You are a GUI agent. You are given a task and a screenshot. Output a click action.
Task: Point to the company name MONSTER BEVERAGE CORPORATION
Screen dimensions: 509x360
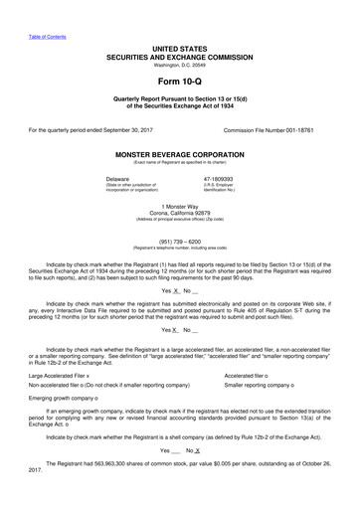179,155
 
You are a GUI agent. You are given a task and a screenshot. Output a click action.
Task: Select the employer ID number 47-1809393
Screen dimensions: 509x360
245,178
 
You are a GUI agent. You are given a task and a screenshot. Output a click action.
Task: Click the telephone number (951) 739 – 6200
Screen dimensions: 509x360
179,239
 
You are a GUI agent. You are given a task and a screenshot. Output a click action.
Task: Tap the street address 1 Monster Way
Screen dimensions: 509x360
179,204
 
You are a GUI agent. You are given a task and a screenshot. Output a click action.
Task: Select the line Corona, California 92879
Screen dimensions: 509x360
179,211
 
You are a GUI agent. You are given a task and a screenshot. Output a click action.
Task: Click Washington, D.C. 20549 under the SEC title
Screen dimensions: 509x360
179,65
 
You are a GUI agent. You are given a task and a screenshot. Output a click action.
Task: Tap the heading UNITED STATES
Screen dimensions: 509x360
179,48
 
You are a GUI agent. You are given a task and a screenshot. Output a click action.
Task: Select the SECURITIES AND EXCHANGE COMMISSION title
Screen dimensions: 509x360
179,57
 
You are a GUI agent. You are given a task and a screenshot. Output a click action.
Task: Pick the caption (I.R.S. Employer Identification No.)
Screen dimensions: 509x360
245,187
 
